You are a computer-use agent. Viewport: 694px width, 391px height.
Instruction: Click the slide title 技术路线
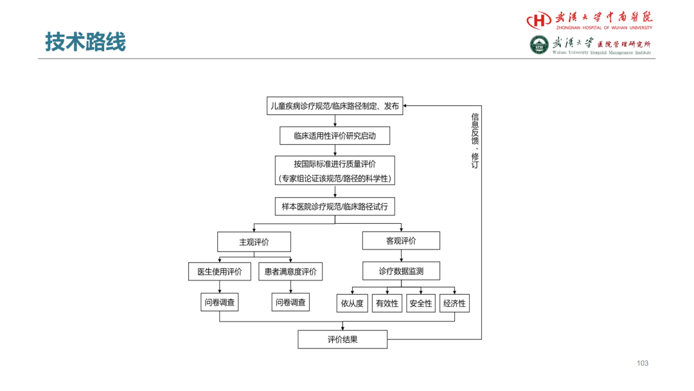[x=85, y=42]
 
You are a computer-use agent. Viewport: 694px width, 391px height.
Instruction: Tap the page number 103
[x=642, y=363]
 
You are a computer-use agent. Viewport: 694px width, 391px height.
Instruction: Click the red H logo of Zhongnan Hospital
[x=538, y=20]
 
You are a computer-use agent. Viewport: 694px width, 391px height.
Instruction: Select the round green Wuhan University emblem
[x=539, y=45]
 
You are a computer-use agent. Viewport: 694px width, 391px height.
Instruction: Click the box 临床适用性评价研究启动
[x=335, y=136]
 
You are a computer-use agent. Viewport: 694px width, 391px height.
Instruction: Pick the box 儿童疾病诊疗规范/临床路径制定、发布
[x=335, y=106]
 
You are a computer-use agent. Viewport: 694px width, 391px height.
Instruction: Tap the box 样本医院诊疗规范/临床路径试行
[x=335, y=206]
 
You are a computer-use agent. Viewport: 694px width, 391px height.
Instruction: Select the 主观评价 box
[x=254, y=242]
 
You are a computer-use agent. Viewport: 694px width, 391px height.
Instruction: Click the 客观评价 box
[x=401, y=241]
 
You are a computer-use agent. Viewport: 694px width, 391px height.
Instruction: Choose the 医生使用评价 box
[x=220, y=271]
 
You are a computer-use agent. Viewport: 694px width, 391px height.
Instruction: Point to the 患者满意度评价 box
[x=290, y=271]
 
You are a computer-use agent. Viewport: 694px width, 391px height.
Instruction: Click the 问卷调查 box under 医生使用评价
[x=220, y=302]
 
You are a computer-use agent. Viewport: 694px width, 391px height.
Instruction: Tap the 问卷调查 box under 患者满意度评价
[x=290, y=302]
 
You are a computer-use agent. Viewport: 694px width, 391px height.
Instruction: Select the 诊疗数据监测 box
[x=401, y=271]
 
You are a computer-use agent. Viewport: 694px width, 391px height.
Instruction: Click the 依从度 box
[x=352, y=304]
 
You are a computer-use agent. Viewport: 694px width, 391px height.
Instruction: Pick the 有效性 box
[x=387, y=304]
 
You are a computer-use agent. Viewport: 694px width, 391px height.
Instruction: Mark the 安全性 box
[x=420, y=304]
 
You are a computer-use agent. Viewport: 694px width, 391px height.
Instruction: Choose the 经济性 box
[x=454, y=304]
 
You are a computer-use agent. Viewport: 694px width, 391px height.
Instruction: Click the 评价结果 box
[x=343, y=340]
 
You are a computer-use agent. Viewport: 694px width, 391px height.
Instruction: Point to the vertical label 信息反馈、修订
[x=475, y=141]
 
